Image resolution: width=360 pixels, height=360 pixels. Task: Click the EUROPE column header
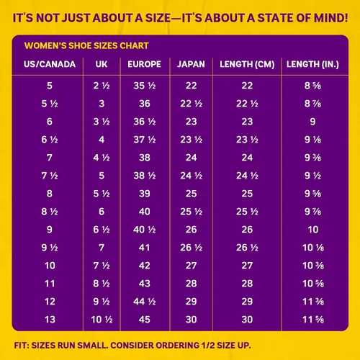[x=144, y=64]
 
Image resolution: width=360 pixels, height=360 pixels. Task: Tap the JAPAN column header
[x=191, y=64]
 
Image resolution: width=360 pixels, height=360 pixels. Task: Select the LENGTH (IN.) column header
[x=312, y=64]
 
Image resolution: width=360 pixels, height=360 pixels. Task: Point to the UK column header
[x=102, y=64]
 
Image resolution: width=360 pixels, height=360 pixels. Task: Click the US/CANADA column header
[x=50, y=64]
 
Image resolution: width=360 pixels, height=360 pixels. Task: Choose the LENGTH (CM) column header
[x=247, y=64]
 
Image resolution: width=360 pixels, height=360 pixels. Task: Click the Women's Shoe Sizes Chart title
[x=86, y=45]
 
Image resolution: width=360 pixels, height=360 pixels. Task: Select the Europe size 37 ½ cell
[x=145, y=140]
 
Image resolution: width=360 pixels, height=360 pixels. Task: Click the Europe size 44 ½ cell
[x=145, y=302]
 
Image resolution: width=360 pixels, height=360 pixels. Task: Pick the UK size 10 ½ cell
[x=102, y=320]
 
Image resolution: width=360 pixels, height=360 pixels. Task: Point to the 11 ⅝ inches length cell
[x=313, y=320]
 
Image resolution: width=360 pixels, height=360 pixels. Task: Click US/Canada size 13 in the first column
[x=50, y=320]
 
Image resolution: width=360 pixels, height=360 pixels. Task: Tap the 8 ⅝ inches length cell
[x=312, y=86]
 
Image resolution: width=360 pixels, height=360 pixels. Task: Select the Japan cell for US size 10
[x=191, y=266]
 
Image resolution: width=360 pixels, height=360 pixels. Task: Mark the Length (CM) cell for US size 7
[x=247, y=158]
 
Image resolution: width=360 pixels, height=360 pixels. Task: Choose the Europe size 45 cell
[x=145, y=320]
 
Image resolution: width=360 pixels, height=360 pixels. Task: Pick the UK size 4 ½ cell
[x=102, y=158]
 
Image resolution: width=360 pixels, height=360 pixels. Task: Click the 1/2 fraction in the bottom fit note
[x=208, y=346]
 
